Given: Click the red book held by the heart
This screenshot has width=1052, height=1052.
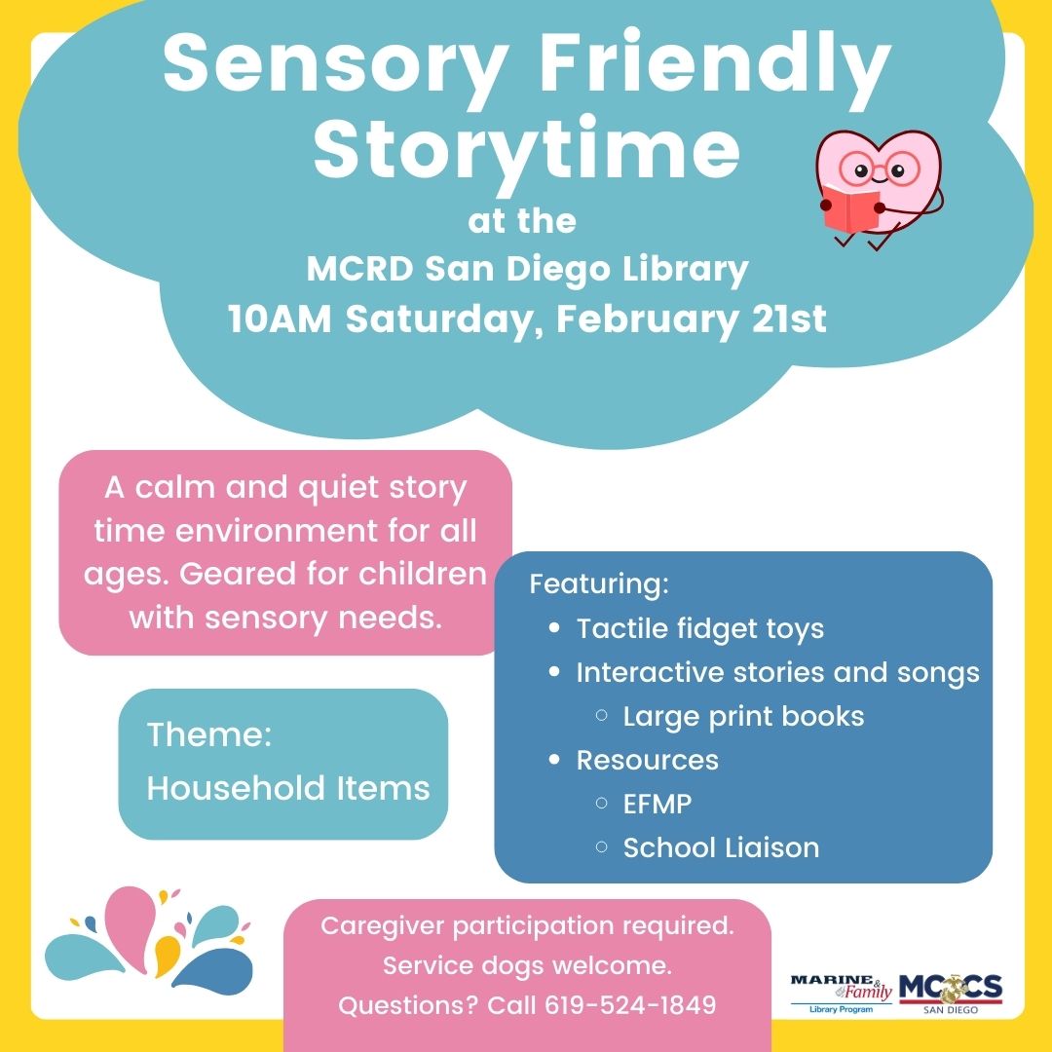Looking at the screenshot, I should [x=849, y=207].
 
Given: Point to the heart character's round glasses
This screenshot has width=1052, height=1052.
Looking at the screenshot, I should [x=879, y=171].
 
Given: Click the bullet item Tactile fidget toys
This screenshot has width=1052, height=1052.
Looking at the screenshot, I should [x=699, y=628].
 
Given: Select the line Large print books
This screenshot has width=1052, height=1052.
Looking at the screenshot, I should [x=743, y=716].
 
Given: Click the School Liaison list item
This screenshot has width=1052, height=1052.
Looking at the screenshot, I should [x=721, y=847].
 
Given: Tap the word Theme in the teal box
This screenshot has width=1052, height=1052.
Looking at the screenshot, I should [x=208, y=735].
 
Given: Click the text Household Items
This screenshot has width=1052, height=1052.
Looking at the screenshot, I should [x=287, y=788].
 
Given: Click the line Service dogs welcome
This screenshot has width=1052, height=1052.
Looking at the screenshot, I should [x=527, y=966].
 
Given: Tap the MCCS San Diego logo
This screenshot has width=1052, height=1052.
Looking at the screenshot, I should [x=950, y=992].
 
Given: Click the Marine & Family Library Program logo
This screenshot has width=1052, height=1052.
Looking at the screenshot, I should [x=841, y=993].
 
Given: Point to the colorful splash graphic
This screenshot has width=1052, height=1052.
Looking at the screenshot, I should [x=146, y=937].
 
